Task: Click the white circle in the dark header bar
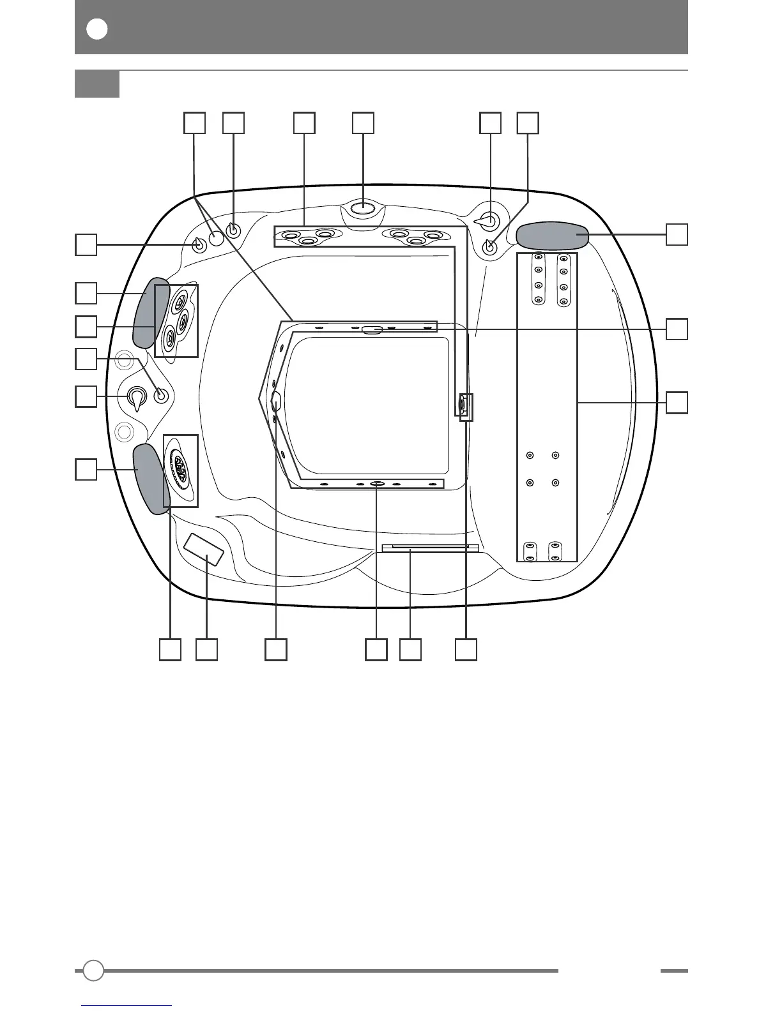[x=97, y=29]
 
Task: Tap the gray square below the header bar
[x=97, y=84]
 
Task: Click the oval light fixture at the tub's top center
[x=363, y=207]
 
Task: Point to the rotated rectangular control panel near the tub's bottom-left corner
[x=204, y=550]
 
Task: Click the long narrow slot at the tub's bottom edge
[x=430, y=548]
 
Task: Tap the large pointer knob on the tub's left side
[x=136, y=397]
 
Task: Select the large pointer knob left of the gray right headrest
[x=489, y=221]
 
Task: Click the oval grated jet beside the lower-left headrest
[x=180, y=471]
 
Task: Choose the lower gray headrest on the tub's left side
[x=150, y=479]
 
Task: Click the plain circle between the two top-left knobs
[x=217, y=238]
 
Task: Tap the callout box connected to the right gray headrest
[x=677, y=234]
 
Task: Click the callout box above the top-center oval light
[x=364, y=123]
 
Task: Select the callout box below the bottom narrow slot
[x=410, y=649]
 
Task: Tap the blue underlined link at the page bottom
[x=128, y=1005]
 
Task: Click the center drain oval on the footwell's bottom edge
[x=376, y=484]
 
